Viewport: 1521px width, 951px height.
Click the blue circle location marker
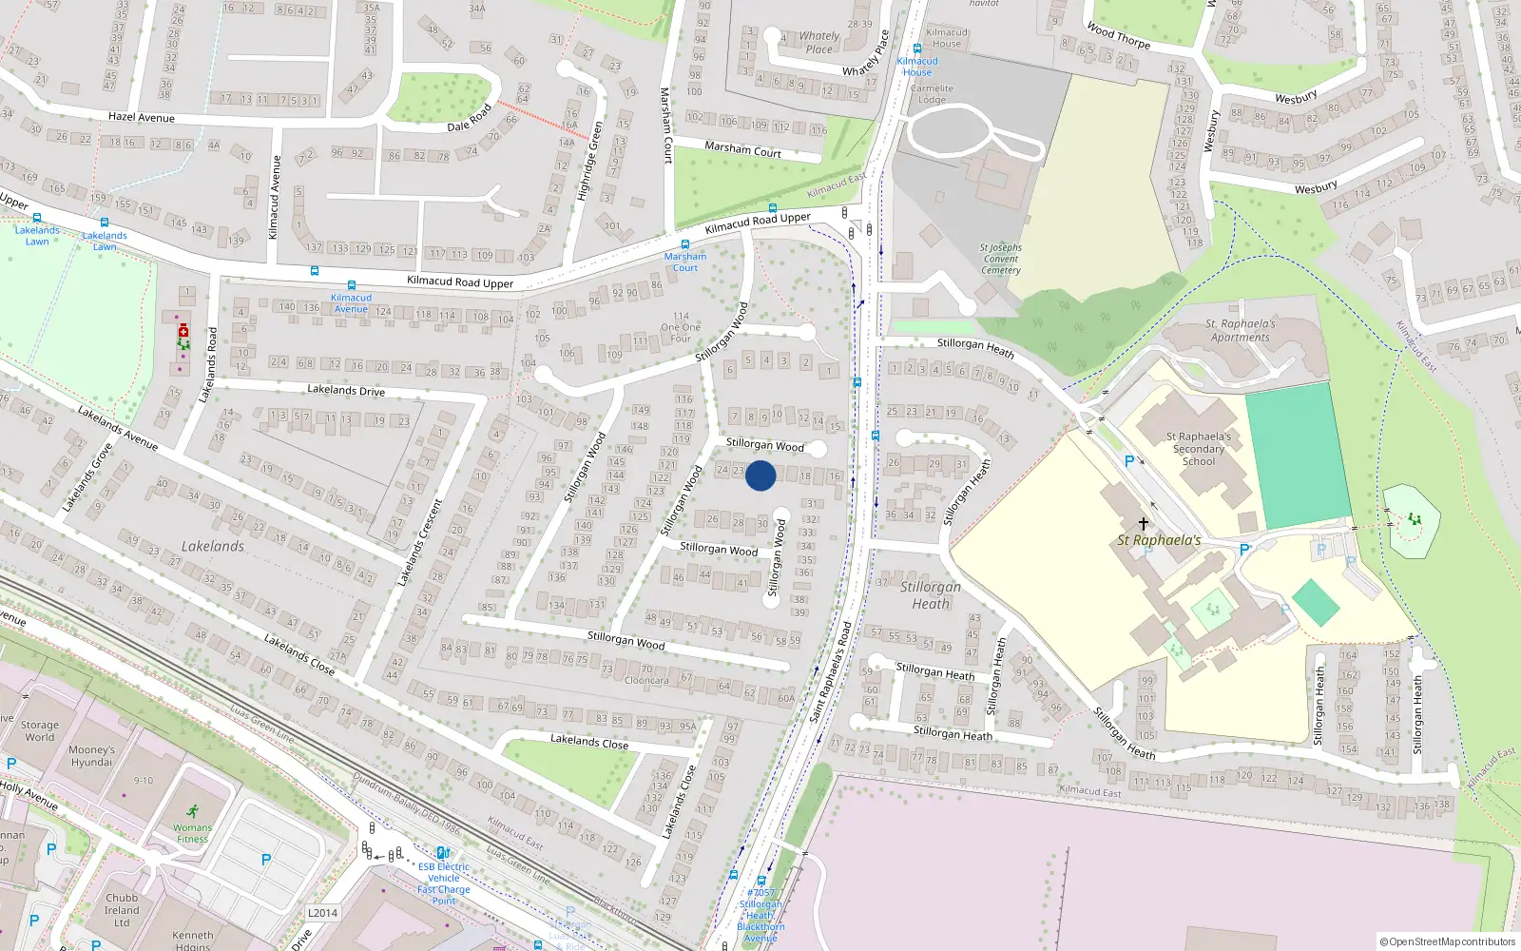760,475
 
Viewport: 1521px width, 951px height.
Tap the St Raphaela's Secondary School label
1199,449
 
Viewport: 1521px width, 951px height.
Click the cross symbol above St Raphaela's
1144,524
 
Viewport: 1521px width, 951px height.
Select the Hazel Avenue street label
142,117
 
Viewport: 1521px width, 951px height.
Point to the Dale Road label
470,119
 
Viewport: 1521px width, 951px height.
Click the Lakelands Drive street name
346,390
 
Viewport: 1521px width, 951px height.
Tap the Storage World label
40,730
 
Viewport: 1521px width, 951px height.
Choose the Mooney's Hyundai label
91,756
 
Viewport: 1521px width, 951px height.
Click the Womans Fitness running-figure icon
193,811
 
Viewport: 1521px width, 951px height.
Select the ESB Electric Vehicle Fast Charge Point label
444,883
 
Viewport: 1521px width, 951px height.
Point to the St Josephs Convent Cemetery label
1001,259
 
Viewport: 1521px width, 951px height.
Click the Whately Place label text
819,43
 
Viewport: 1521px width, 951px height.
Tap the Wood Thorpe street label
1119,36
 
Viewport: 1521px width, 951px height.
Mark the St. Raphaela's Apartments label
1241,330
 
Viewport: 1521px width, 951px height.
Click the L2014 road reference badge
322,913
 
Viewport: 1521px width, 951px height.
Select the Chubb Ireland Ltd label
122,910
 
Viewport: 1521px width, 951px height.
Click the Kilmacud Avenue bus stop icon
352,285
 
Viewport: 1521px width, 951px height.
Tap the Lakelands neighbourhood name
213,546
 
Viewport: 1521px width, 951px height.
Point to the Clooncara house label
646,680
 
